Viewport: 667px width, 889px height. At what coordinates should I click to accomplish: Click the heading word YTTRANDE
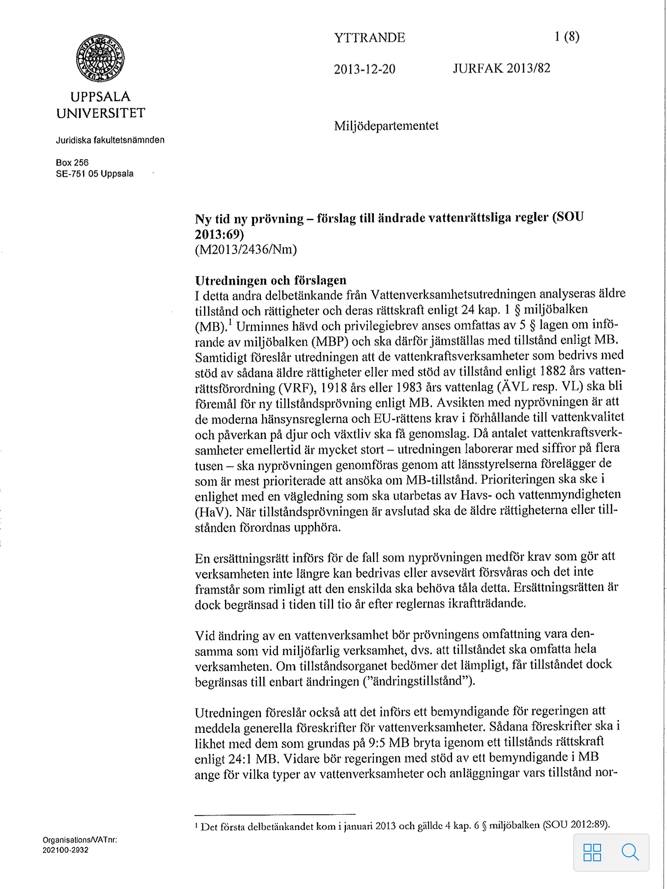(x=370, y=38)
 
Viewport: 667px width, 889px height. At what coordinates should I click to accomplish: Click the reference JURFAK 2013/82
(x=502, y=69)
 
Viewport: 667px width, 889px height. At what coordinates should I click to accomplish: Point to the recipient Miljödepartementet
(x=386, y=126)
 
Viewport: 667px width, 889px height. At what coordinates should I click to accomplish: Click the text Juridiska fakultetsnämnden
(x=110, y=140)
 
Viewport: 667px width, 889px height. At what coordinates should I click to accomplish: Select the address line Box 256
(x=72, y=162)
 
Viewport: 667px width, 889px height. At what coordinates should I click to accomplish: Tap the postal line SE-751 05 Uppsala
(x=95, y=174)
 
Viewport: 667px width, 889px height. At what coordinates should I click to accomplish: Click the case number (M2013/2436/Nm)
(x=246, y=250)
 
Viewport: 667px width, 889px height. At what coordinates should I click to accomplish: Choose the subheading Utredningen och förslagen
(x=271, y=280)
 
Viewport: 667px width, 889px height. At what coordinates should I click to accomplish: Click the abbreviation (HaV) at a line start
(x=213, y=512)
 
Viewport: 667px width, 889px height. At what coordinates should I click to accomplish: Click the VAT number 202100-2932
(x=66, y=850)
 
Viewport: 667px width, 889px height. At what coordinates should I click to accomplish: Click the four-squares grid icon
(x=592, y=852)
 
